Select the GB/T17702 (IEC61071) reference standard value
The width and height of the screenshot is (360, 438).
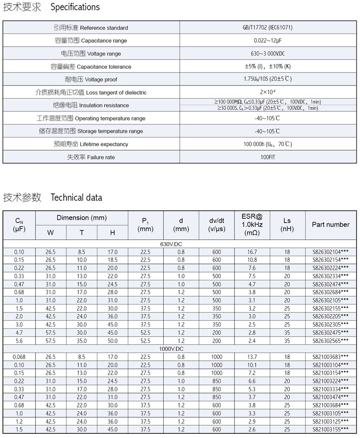point(268,28)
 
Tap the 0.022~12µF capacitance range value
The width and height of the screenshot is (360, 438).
point(268,41)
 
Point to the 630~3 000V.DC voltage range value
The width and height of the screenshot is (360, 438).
point(268,54)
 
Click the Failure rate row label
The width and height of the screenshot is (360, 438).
point(91,157)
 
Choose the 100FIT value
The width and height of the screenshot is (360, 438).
point(268,157)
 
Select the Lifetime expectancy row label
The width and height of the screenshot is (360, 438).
point(91,144)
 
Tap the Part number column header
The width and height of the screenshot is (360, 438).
point(331,225)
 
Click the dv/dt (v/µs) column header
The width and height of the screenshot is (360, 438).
point(217,225)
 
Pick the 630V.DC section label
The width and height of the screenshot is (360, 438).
point(180,244)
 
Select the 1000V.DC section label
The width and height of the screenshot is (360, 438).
point(180,349)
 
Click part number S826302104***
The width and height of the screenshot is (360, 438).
point(331,252)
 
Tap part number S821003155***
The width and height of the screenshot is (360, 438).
point(331,430)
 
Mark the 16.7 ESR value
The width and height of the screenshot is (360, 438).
point(252,252)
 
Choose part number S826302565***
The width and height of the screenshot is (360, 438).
point(331,341)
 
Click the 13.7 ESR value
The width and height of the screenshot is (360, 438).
point(252,357)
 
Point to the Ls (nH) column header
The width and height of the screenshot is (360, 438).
point(287,225)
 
